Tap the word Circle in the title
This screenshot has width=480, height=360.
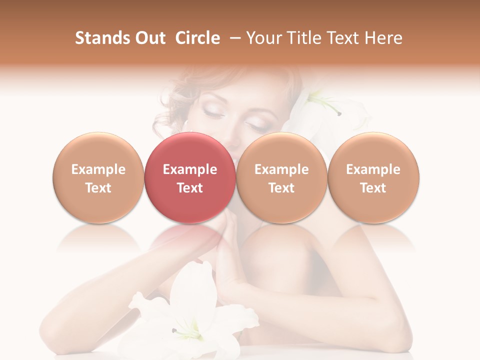197,38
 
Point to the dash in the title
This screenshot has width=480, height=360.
233,38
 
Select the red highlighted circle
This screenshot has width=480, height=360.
190,177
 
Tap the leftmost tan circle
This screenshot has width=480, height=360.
98,177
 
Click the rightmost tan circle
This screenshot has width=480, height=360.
373,177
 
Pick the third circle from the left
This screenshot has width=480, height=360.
281,177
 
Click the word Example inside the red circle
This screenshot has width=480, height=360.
190,169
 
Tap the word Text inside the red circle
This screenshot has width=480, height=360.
190,188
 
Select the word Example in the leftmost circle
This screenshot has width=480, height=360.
98,169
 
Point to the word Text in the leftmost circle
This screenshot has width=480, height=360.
98,188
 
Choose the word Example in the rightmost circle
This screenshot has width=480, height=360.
373,169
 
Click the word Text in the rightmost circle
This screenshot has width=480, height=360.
373,188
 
